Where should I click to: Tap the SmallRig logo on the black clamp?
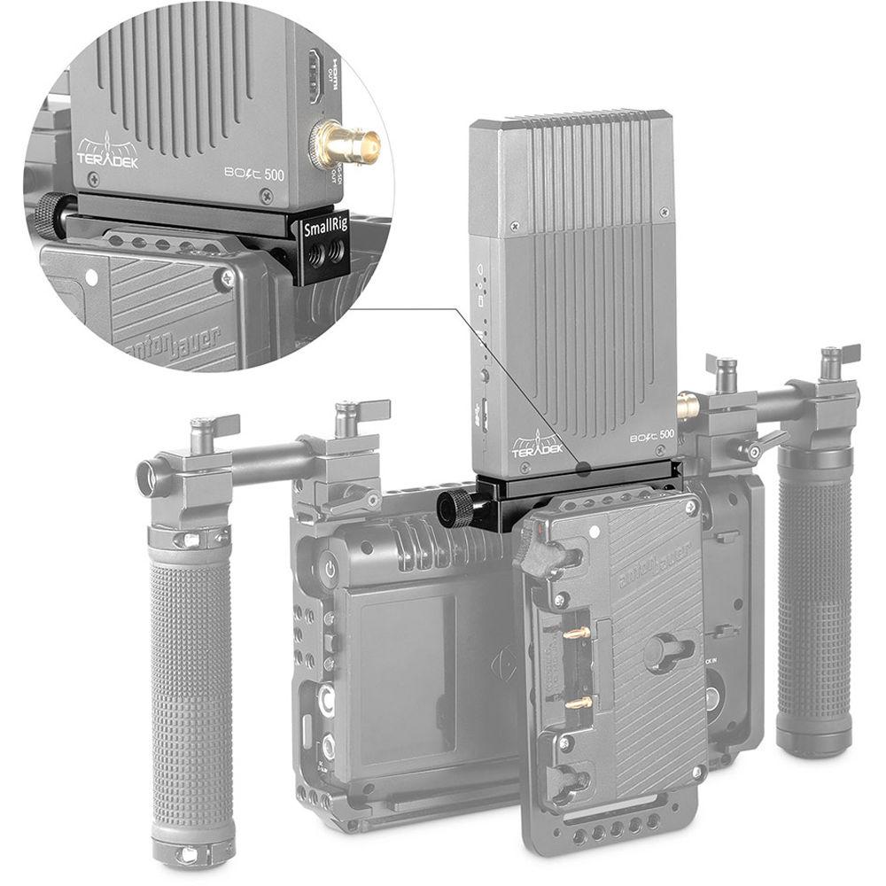tap(326, 229)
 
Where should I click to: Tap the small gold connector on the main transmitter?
tap(687, 407)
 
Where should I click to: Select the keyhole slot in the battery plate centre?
tap(666, 651)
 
